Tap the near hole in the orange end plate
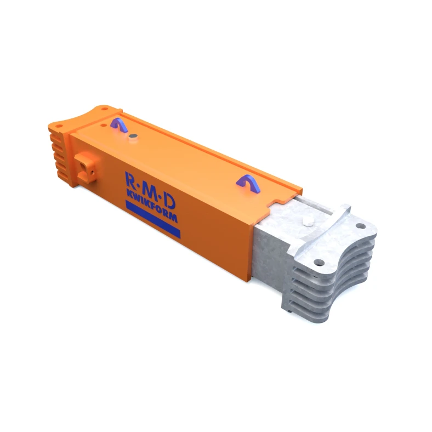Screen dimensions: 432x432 click(60, 128)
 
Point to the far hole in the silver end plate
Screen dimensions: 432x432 click(360, 225)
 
